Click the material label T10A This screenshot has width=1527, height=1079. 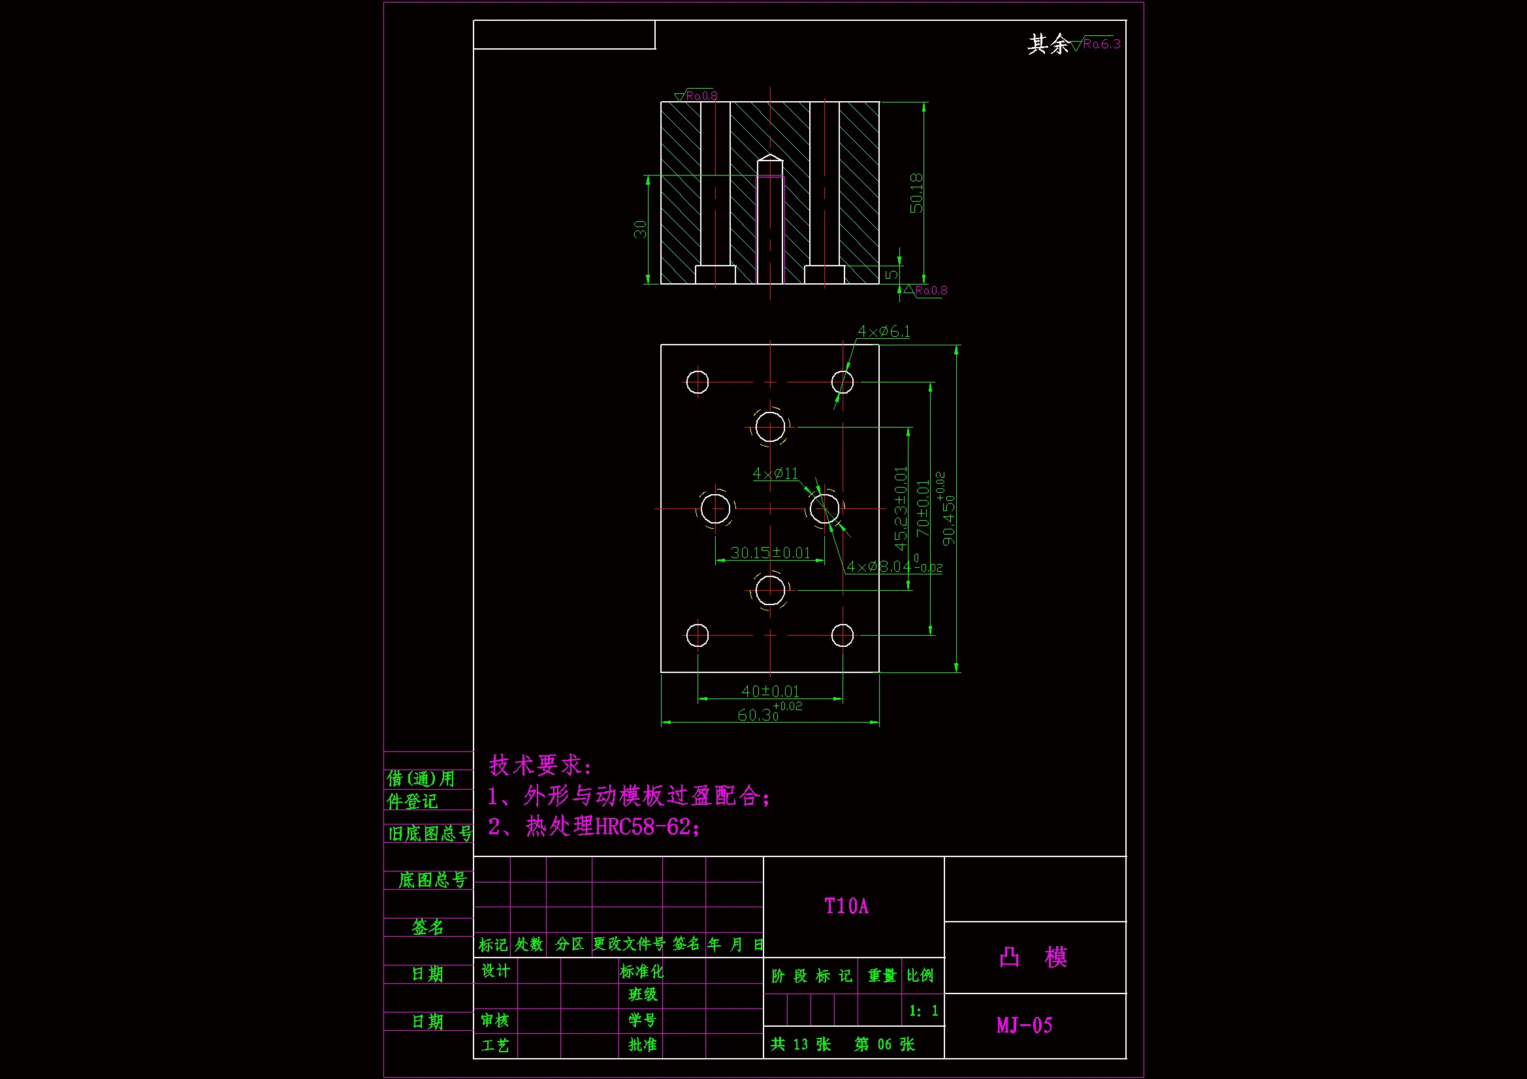(x=846, y=906)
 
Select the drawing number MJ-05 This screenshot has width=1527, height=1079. (x=1024, y=1025)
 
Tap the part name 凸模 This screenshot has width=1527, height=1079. (x=1033, y=958)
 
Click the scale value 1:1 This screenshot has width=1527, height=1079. (x=923, y=1011)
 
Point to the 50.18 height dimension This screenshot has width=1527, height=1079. (x=916, y=193)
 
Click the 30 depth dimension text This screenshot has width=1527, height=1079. (x=640, y=229)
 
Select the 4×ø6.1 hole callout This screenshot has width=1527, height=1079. (x=883, y=331)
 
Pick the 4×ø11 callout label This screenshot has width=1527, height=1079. (x=775, y=473)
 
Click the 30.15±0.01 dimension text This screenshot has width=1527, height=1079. (x=770, y=552)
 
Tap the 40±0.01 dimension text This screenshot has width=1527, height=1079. (x=770, y=691)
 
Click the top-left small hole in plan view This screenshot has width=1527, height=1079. (x=697, y=383)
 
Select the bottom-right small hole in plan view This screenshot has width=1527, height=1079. (x=842, y=636)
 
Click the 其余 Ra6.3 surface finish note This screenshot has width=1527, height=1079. (x=1074, y=44)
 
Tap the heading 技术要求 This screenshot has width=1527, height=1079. (x=540, y=765)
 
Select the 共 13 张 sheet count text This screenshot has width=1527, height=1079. (x=801, y=1044)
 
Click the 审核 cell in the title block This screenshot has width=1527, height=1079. (x=495, y=1020)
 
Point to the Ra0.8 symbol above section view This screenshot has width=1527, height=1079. (x=697, y=96)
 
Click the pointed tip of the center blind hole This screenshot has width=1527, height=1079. (x=770, y=156)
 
